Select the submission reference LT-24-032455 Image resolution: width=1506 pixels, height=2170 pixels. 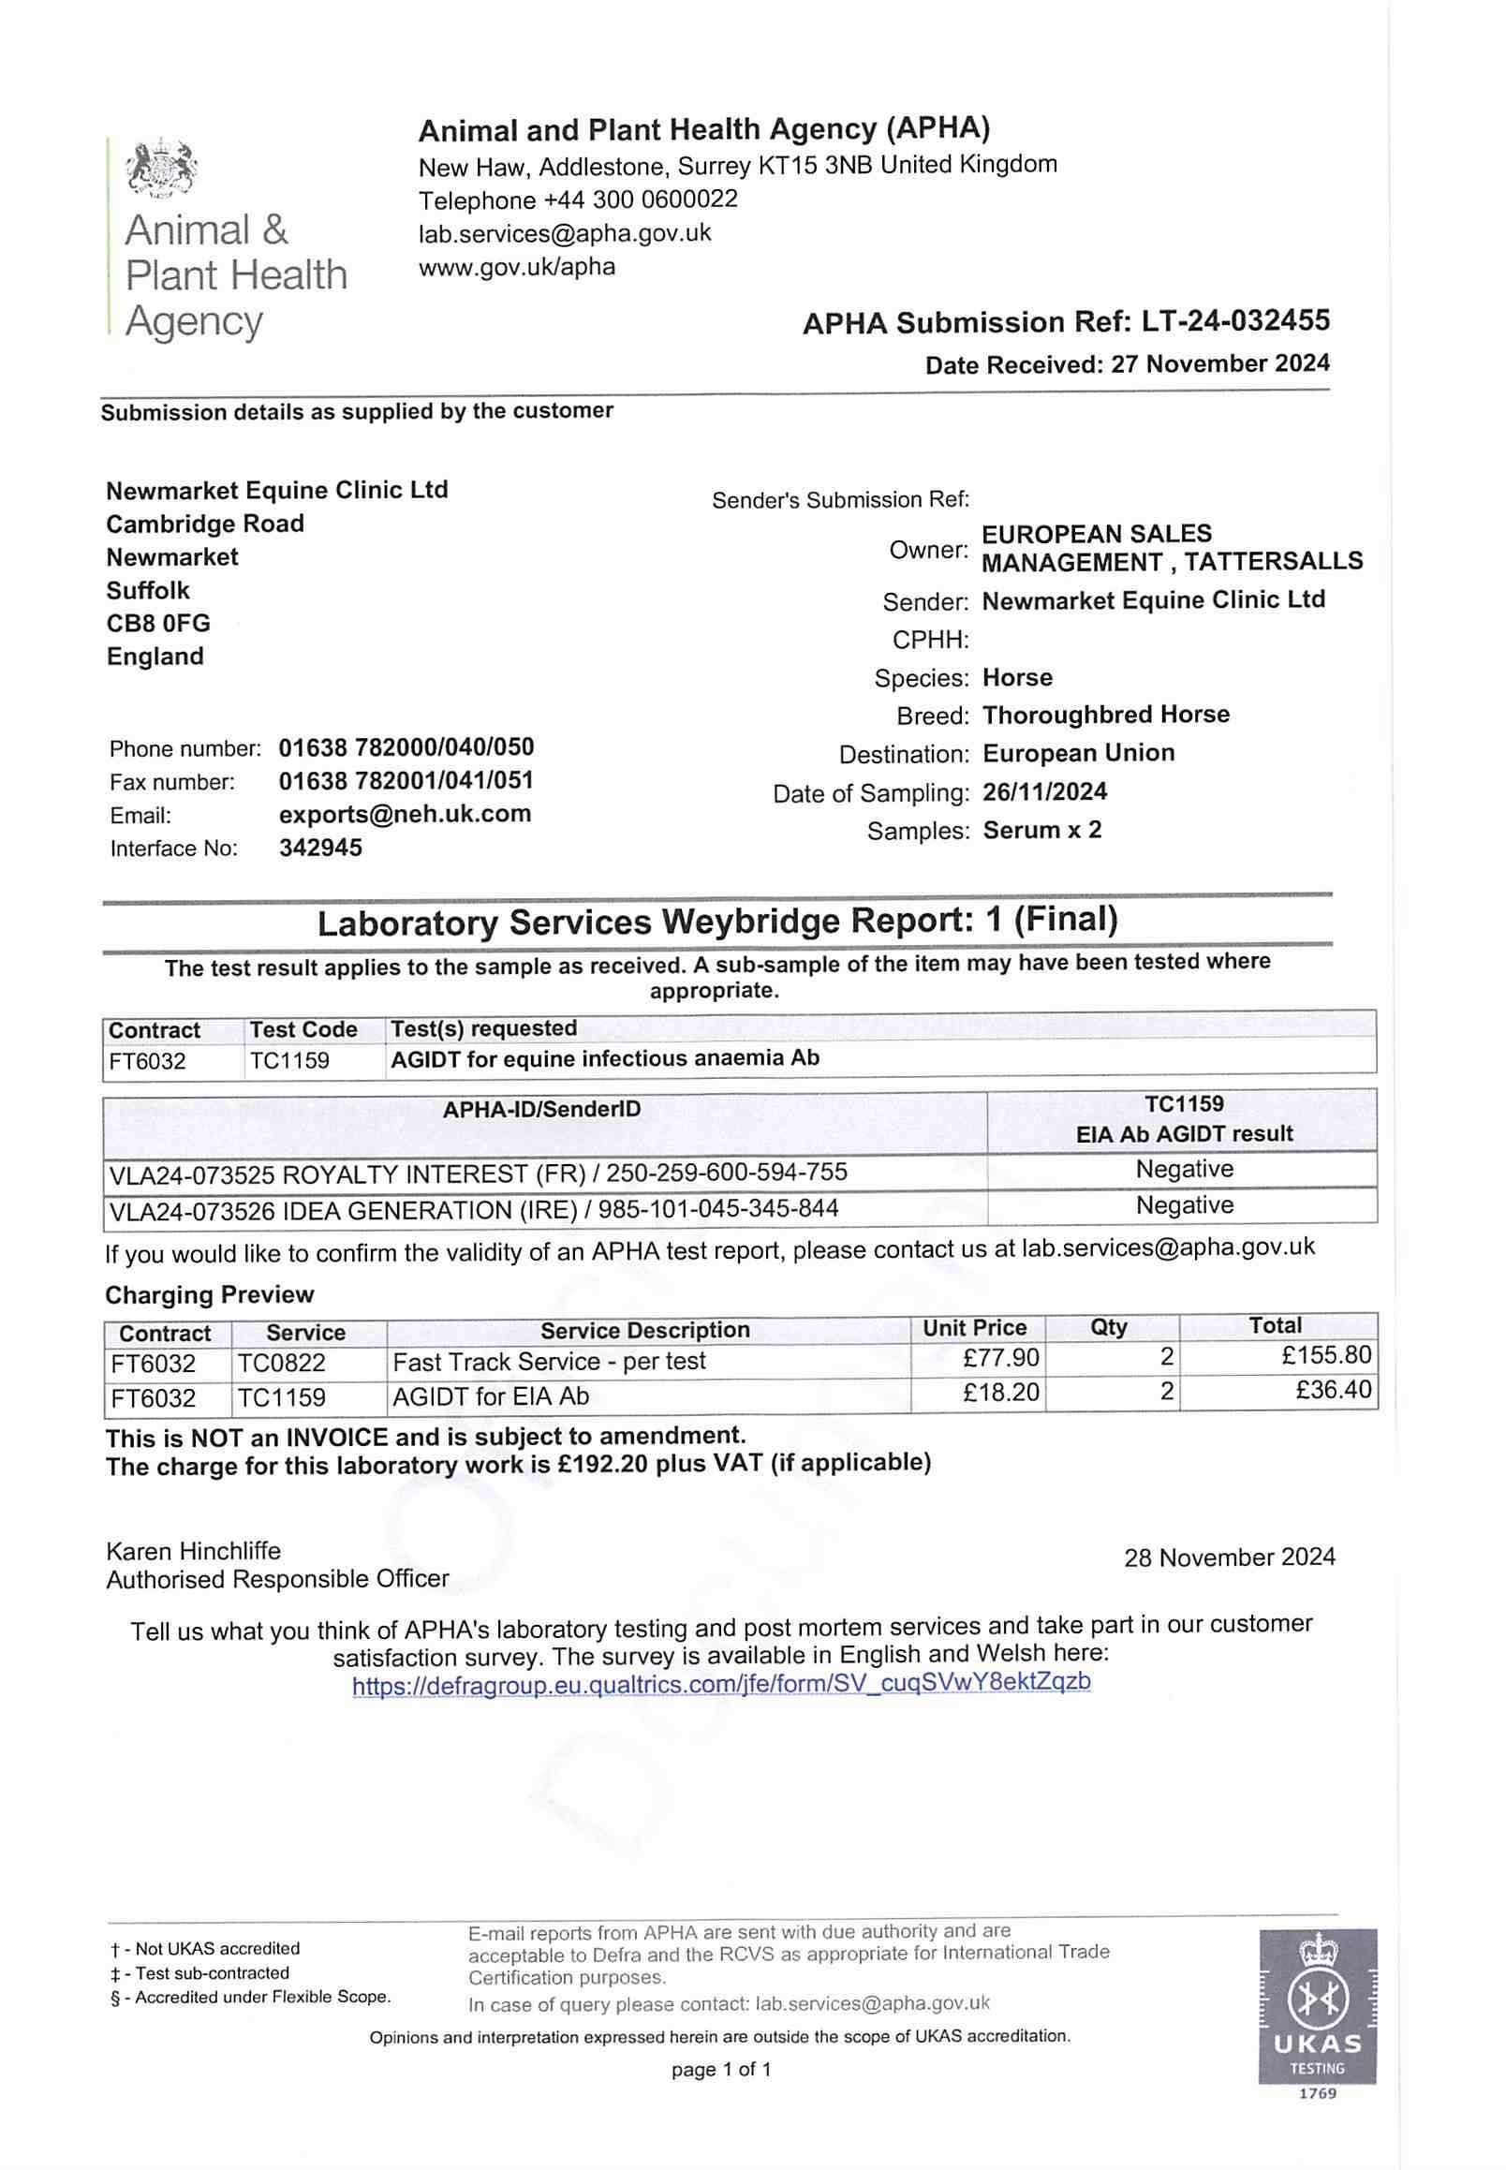tap(1235, 321)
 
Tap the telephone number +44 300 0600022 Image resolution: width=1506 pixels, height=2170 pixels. tap(641, 200)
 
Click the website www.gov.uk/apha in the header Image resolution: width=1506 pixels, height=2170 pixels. tap(516, 267)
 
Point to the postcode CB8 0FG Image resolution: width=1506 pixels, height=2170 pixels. tap(157, 624)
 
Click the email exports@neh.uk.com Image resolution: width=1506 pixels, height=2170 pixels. tap(405, 814)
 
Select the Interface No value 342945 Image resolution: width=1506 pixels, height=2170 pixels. tap(320, 848)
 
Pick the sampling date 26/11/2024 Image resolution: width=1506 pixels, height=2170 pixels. tap(1044, 791)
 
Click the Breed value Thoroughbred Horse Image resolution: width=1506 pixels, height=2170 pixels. tap(1106, 715)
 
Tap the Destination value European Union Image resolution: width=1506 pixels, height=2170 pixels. tap(1079, 753)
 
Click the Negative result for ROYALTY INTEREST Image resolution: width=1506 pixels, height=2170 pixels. tap(1184, 1170)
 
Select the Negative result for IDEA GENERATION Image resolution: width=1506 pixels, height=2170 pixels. tap(1184, 1205)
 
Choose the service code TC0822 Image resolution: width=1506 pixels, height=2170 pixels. tap(281, 1363)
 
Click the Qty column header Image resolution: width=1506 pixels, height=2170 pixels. tap(1109, 1327)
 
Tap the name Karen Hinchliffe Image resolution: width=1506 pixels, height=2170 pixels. tap(193, 1551)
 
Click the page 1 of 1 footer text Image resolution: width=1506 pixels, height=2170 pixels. tap(721, 2070)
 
